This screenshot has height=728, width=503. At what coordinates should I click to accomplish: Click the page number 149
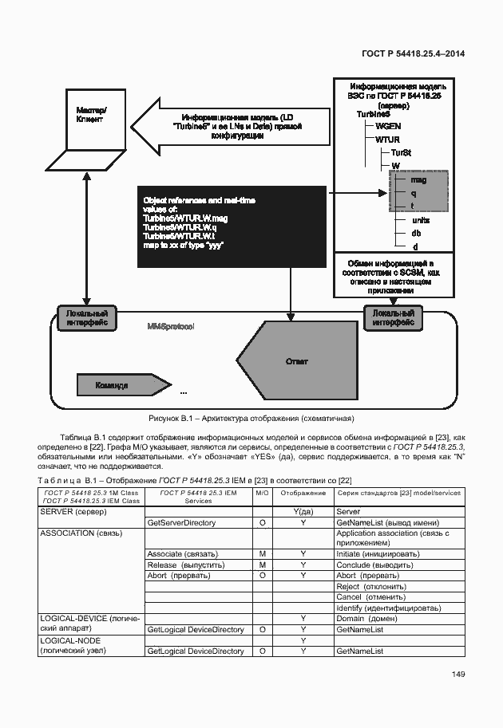(457, 675)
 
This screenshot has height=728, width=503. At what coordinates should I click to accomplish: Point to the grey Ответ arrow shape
(295, 361)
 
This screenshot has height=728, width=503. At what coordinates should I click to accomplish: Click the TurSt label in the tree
(401, 152)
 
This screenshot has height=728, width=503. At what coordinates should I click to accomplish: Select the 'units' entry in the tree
(420, 220)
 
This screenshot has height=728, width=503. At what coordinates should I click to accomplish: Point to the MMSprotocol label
(172, 328)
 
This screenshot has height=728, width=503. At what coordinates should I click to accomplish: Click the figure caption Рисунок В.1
(251, 418)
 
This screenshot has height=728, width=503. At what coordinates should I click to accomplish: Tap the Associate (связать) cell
(177, 553)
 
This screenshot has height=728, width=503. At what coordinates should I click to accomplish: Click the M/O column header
(262, 494)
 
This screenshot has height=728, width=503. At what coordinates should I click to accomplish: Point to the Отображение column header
(302, 494)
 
